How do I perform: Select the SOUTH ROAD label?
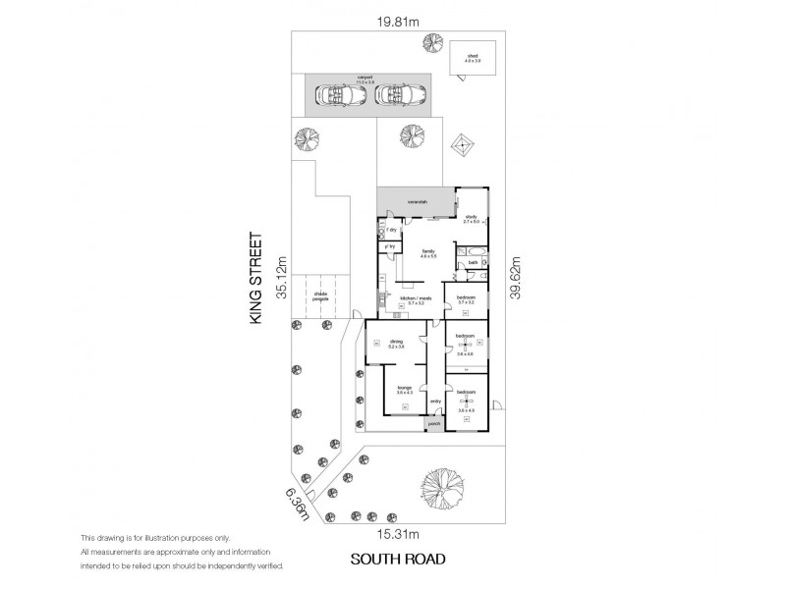click(x=398, y=560)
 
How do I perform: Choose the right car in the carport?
click(x=401, y=95)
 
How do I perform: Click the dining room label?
click(x=396, y=344)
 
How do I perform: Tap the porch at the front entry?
click(x=434, y=424)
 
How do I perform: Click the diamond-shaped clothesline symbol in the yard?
click(x=462, y=145)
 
